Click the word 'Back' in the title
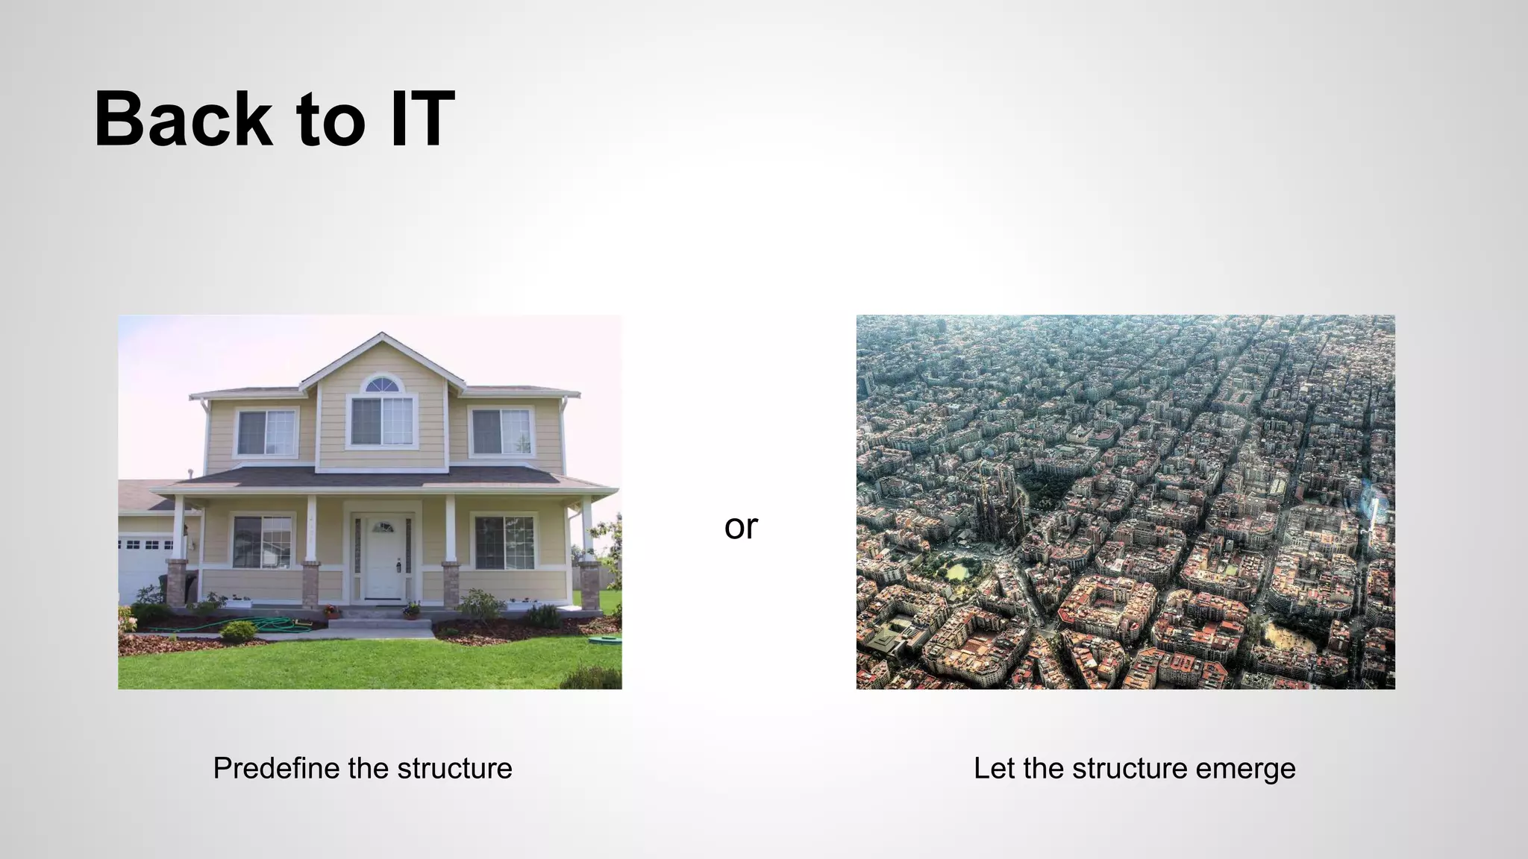[183, 119]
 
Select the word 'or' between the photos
[741, 527]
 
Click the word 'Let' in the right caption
[994, 769]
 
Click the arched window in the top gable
[382, 385]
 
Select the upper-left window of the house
[266, 432]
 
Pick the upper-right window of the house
[501, 432]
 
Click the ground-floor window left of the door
[262, 541]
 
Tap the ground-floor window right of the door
[504, 542]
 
